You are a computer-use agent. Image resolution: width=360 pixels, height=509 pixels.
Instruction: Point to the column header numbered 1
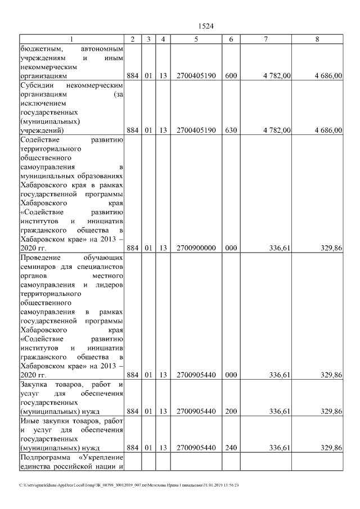click(x=71, y=39)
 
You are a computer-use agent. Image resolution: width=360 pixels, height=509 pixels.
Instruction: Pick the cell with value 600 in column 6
click(x=231, y=74)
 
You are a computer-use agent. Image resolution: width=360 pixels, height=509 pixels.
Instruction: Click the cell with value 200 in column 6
click(x=231, y=411)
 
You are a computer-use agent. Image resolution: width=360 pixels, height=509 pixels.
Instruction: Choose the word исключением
click(x=42, y=103)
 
